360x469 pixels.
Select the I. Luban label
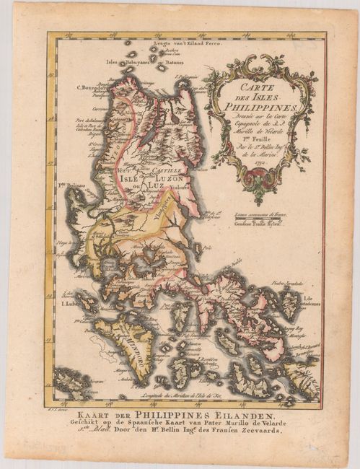tap(71, 304)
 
